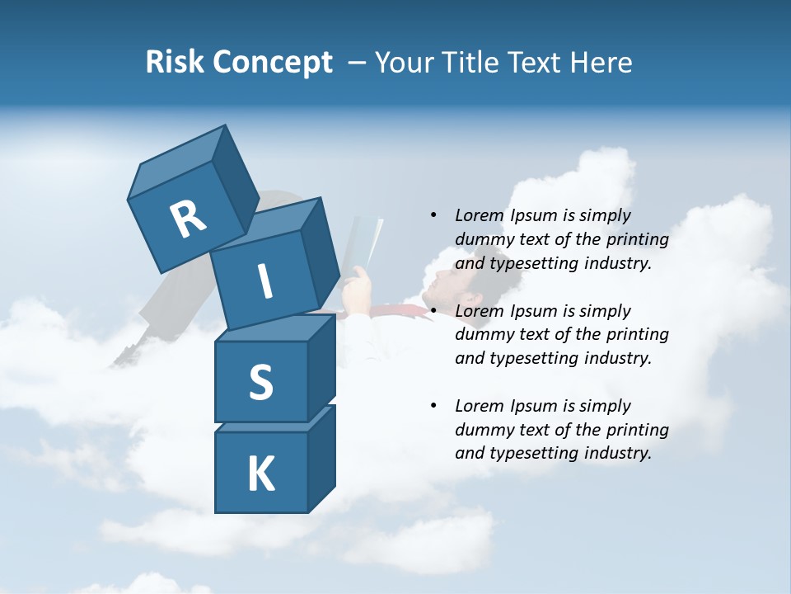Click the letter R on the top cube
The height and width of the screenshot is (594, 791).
click(188, 219)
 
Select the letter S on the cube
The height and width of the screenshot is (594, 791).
click(260, 382)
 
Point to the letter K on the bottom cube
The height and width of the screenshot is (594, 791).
click(260, 474)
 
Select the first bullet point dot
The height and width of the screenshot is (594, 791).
click(433, 215)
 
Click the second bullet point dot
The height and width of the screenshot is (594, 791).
click(433, 311)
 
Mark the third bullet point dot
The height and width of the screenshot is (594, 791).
click(433, 406)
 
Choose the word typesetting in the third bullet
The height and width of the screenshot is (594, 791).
click(533, 453)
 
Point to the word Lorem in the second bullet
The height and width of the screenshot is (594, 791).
click(480, 311)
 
